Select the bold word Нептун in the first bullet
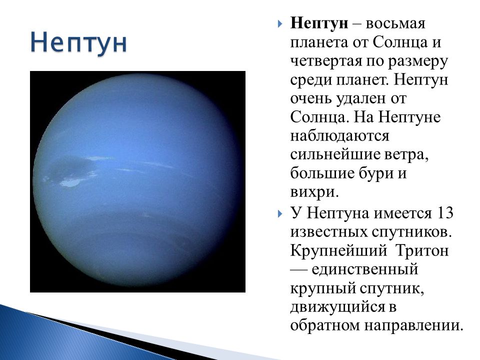click(319, 23)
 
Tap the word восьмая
click(395, 23)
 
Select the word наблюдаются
click(339, 136)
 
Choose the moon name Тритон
click(422, 250)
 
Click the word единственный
click(365, 269)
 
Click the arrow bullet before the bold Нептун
click(280, 24)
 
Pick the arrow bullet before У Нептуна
click(280, 213)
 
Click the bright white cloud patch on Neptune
click(70, 183)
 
